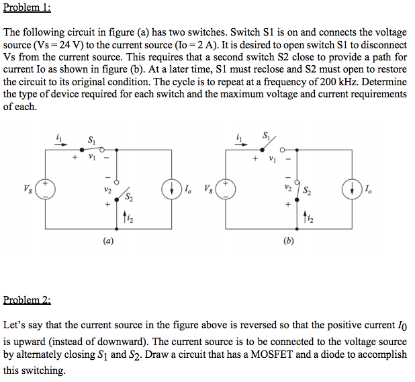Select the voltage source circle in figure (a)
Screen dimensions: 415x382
tap(45, 188)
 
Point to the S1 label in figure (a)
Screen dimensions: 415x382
tap(91, 139)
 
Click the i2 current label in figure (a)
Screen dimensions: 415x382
tap(130, 218)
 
